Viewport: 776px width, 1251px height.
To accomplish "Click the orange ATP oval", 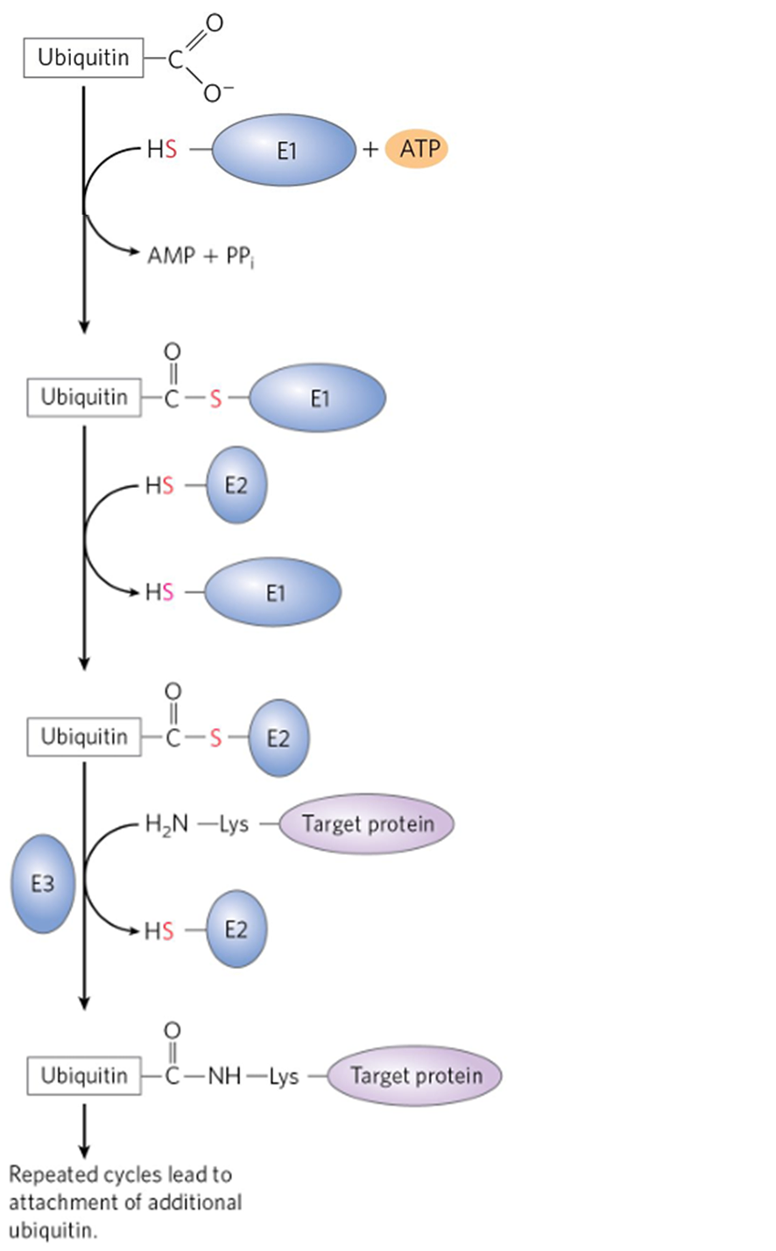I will (x=417, y=149).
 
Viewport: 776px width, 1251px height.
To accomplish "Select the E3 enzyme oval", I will (x=43, y=884).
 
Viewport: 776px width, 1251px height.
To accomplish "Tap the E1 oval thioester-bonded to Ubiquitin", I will (x=319, y=398).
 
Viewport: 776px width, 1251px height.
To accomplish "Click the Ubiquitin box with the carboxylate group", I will (x=83, y=59).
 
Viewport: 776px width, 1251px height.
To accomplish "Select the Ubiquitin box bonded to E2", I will (x=83, y=737).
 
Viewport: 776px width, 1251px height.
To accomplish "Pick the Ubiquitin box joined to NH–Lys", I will (x=83, y=1075).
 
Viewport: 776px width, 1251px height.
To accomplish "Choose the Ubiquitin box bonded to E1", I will (x=83, y=398).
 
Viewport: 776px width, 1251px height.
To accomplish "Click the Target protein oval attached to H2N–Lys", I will (x=367, y=823).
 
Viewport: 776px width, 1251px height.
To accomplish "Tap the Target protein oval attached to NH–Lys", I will (x=415, y=1075).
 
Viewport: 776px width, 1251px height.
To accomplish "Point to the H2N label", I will (x=167, y=824).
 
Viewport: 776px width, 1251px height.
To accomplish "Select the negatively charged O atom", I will (x=213, y=93).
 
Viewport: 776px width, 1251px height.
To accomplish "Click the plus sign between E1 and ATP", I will (x=370, y=150).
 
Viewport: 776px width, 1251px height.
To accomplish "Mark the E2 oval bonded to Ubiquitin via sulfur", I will (x=279, y=738).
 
